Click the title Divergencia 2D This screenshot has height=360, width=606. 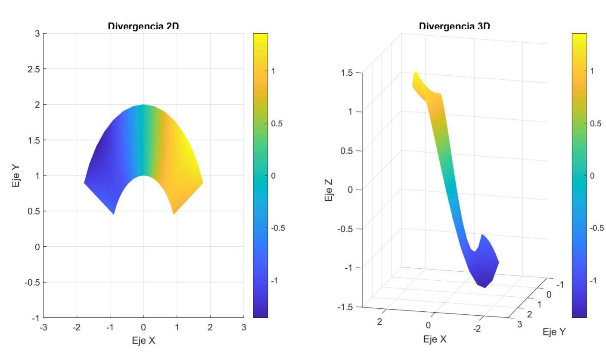[x=143, y=26]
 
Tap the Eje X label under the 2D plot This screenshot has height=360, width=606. [x=143, y=341]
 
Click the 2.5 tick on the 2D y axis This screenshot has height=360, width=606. [x=33, y=69]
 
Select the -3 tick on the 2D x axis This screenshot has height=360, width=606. [x=44, y=328]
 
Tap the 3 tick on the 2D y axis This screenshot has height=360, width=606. [x=38, y=34]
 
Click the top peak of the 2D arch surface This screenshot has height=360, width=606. [x=144, y=105]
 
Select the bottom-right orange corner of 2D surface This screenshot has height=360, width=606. [x=174, y=214]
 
